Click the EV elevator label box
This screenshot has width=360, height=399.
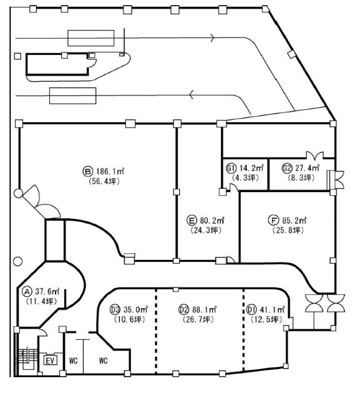coord(51,360)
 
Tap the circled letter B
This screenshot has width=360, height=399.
coord(87,171)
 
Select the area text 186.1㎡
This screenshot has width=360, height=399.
coord(110,171)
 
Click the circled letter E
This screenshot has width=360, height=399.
coord(192,220)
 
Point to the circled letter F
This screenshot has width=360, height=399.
coord(273,220)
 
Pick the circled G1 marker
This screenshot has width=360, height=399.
coord(231,168)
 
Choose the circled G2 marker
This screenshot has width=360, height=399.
coord(286,168)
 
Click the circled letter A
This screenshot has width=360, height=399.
coord(27,291)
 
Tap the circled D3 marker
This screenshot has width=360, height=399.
coord(115,310)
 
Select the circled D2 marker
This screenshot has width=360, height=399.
coord(184,310)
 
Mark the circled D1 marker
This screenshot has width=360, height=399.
coord(251,310)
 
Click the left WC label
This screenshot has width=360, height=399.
coord(74,360)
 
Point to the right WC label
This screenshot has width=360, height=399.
coord(103,360)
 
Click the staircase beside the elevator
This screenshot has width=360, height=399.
coord(26,359)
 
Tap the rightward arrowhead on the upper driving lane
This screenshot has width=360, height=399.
coord(213,37)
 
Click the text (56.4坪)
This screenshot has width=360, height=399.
coord(104,181)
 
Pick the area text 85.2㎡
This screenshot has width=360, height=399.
coord(294,220)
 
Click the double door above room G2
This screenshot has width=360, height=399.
coord(314,155)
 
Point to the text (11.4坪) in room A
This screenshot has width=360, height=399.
coord(41,302)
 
